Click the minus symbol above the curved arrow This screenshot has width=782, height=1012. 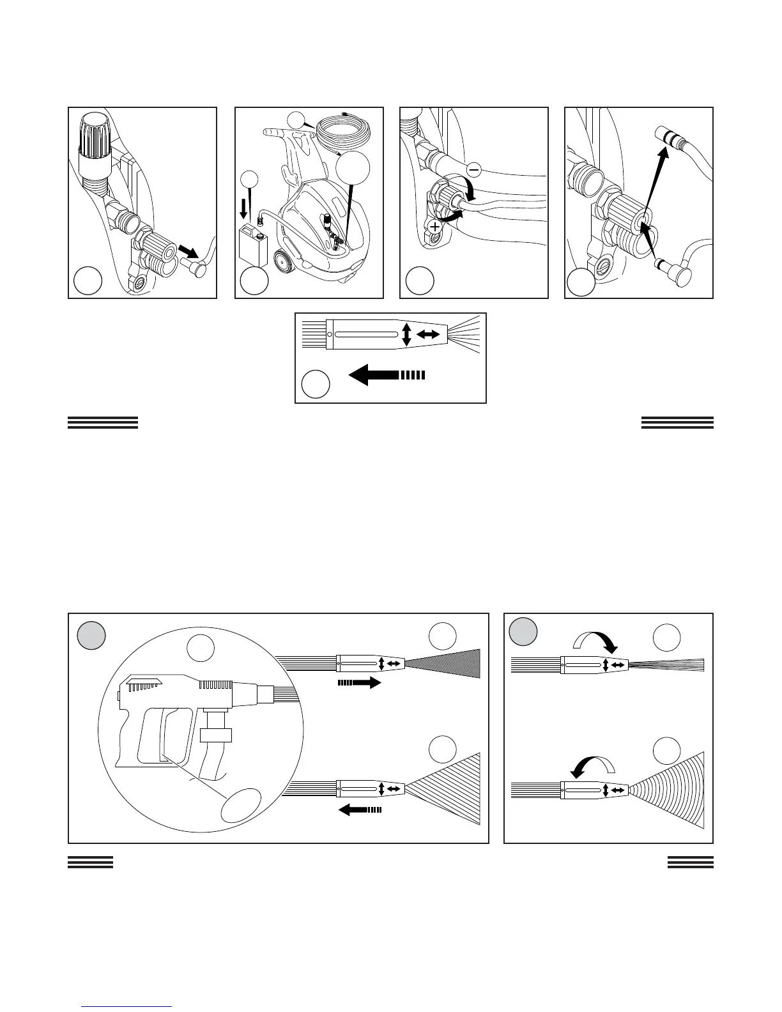pyautogui.click(x=474, y=169)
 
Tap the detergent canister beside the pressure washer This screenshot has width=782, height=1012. pyautogui.click(x=253, y=244)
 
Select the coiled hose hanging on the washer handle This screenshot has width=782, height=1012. pyautogui.click(x=343, y=135)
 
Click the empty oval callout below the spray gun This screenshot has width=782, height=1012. pyautogui.click(x=241, y=804)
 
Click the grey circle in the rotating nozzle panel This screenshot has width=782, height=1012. pyautogui.click(x=523, y=632)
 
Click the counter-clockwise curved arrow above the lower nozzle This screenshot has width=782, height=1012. pyautogui.click(x=592, y=764)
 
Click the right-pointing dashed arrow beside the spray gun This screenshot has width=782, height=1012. pyautogui.click(x=359, y=683)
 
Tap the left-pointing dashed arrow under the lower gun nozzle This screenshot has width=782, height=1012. pyautogui.click(x=360, y=810)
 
